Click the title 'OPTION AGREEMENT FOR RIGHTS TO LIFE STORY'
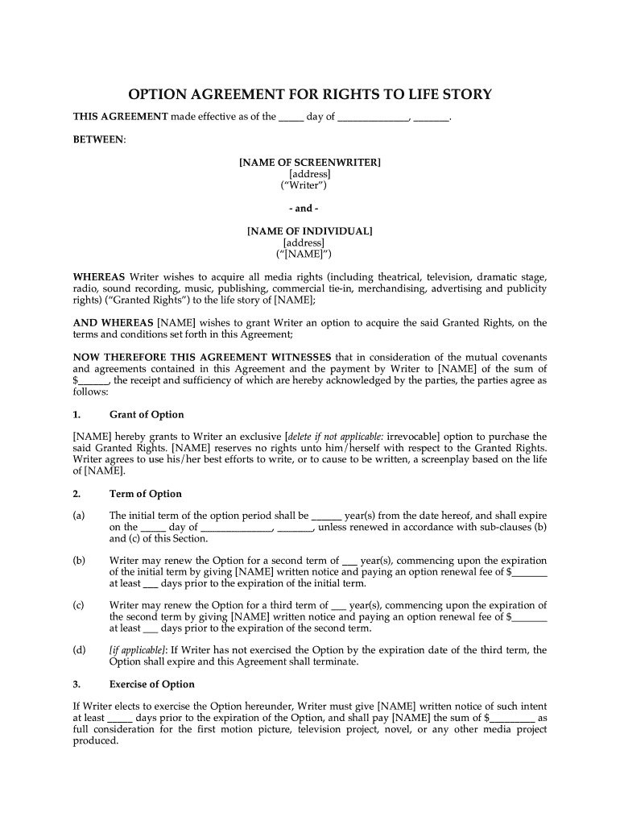(310, 95)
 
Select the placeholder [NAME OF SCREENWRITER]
(310, 163)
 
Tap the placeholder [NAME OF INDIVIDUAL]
(310, 231)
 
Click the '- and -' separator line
(310, 209)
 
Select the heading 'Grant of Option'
(147, 415)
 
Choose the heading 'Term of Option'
(146, 494)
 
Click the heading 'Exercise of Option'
(152, 684)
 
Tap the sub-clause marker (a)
(80, 516)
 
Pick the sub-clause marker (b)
(80, 561)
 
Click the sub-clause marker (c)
(79, 605)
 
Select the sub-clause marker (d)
(80, 650)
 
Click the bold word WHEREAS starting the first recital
(99, 277)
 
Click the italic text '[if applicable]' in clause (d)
(138, 650)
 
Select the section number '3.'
(77, 684)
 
